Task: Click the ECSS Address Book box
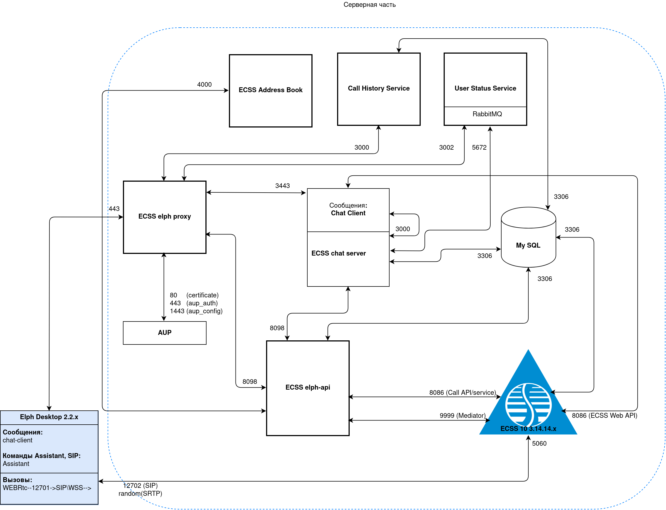point(270,91)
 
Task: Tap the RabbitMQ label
point(487,114)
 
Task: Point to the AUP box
point(165,333)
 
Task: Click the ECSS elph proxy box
point(165,217)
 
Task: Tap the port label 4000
point(204,85)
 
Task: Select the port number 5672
point(479,147)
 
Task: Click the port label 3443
point(282,186)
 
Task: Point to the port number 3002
point(446,147)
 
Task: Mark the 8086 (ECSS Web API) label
point(604,416)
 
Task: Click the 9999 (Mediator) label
point(462,416)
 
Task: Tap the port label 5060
point(539,444)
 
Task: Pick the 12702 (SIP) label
point(140,485)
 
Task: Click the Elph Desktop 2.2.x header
point(49,417)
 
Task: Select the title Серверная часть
point(369,5)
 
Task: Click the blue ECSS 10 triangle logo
point(528,401)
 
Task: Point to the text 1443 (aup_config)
point(196,311)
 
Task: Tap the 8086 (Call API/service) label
point(462,393)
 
